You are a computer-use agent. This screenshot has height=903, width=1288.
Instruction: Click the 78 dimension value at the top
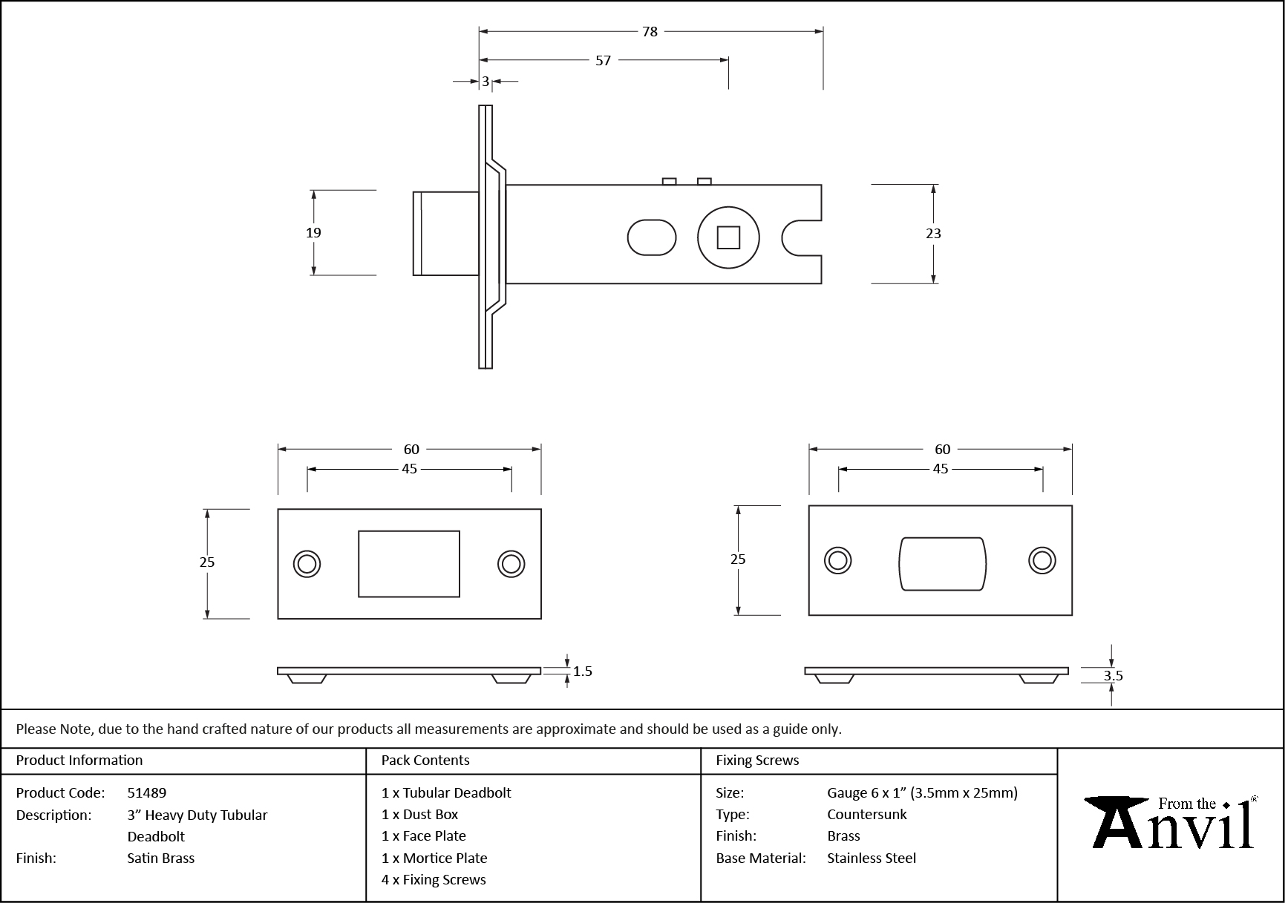(650, 31)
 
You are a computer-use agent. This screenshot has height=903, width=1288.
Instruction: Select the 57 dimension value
(603, 60)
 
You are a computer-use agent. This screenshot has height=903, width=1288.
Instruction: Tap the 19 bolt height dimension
(313, 232)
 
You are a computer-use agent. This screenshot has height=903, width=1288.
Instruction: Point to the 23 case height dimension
(933, 233)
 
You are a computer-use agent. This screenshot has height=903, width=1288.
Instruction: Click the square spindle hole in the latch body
(728, 237)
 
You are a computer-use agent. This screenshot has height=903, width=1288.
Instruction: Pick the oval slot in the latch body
(652, 237)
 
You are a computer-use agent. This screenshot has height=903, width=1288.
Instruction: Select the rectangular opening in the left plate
(409, 563)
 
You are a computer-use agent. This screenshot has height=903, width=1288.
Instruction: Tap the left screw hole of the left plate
(306, 563)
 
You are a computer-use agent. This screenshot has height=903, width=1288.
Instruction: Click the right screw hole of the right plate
(1042, 560)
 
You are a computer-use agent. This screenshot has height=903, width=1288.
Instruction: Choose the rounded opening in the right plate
(942, 563)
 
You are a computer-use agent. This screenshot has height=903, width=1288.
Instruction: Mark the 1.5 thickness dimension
(583, 671)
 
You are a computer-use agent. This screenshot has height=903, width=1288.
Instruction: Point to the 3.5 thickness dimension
(1113, 675)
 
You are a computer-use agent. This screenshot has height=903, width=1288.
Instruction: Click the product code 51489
(147, 792)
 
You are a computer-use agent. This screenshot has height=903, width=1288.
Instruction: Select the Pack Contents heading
(425, 761)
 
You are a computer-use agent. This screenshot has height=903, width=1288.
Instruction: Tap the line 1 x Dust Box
(420, 815)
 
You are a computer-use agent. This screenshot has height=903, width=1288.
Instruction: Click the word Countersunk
(867, 815)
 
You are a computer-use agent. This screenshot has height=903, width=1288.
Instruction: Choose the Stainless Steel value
(872, 858)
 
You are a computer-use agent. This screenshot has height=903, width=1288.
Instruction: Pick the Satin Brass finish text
(161, 858)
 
